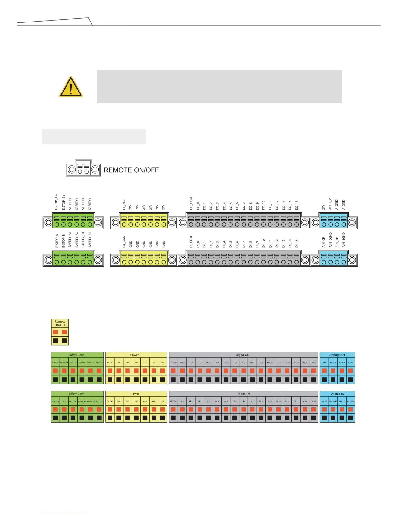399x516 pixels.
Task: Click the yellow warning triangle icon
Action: coord(71,87)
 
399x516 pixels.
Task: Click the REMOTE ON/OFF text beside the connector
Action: coord(131,170)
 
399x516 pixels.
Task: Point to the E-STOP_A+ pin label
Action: coord(56,202)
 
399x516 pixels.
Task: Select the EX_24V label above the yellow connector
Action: coord(124,204)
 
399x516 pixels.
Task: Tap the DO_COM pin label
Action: coord(191,203)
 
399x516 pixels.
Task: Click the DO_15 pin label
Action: coord(297,205)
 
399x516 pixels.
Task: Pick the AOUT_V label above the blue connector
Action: coord(330,204)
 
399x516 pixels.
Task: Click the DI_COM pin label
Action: coord(191,242)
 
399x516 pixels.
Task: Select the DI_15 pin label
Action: coord(297,243)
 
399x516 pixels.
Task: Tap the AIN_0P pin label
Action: coord(324,242)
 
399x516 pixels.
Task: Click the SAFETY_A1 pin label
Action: coord(70,240)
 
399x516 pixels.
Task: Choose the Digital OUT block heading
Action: coord(243,355)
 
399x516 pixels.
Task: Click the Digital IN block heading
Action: coord(243,394)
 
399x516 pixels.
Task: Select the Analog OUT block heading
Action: coord(337,355)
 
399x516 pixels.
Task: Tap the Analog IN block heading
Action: coord(337,394)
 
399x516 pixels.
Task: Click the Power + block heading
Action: coord(136,355)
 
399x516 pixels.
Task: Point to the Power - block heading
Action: coord(136,394)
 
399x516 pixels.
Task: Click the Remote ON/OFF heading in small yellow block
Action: coord(60,323)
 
